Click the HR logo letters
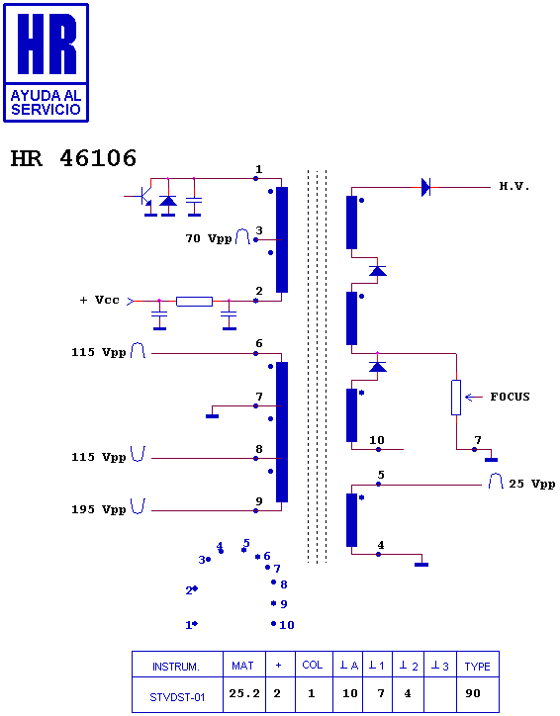47,44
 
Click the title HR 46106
73,158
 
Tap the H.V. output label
513,186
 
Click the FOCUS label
510,397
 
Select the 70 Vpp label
209,238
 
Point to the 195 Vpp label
98,509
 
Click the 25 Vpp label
531,484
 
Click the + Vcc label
100,300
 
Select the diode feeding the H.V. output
425,187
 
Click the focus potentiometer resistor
456,398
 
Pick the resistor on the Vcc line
194,302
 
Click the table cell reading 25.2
244,694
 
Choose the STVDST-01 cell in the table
177,694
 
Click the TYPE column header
477,666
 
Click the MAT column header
242,666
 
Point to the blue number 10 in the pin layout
286,625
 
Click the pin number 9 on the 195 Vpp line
259,501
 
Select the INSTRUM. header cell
176,666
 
